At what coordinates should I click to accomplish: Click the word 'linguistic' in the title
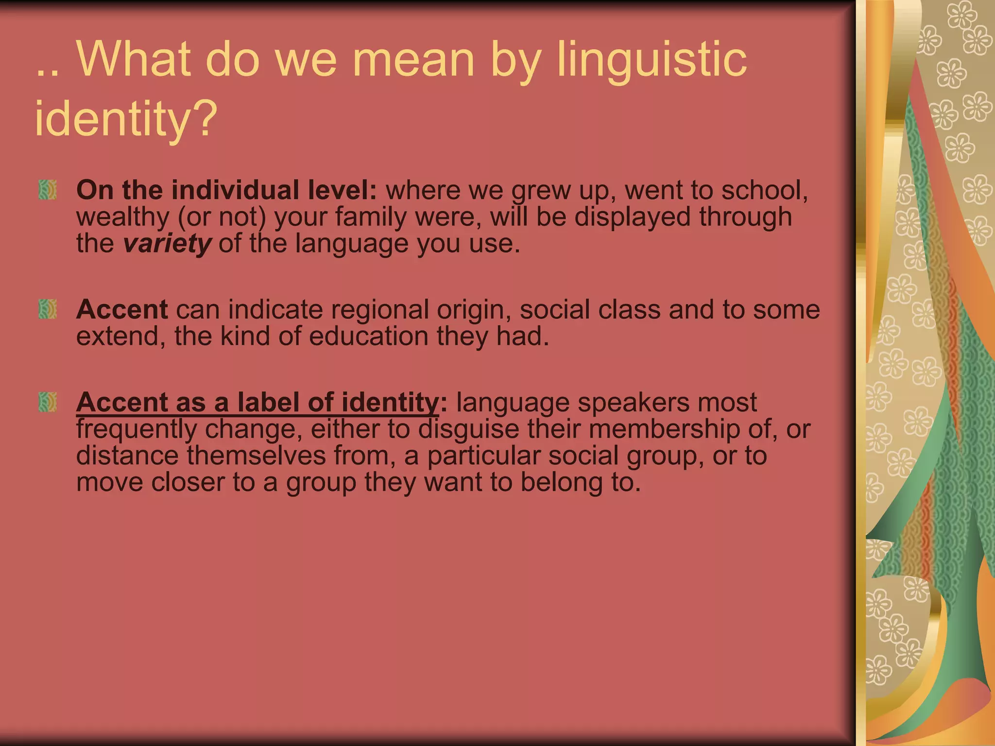click(651, 61)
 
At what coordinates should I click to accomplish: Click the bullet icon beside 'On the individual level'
click(48, 190)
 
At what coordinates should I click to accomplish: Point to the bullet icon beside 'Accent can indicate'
click(48, 309)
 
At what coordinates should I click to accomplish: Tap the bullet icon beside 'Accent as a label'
click(48, 402)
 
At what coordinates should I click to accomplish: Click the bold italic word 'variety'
click(167, 243)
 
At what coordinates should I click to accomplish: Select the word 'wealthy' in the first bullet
click(122, 217)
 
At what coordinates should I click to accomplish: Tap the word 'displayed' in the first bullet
click(632, 217)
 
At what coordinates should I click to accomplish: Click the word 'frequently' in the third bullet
click(136, 430)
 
